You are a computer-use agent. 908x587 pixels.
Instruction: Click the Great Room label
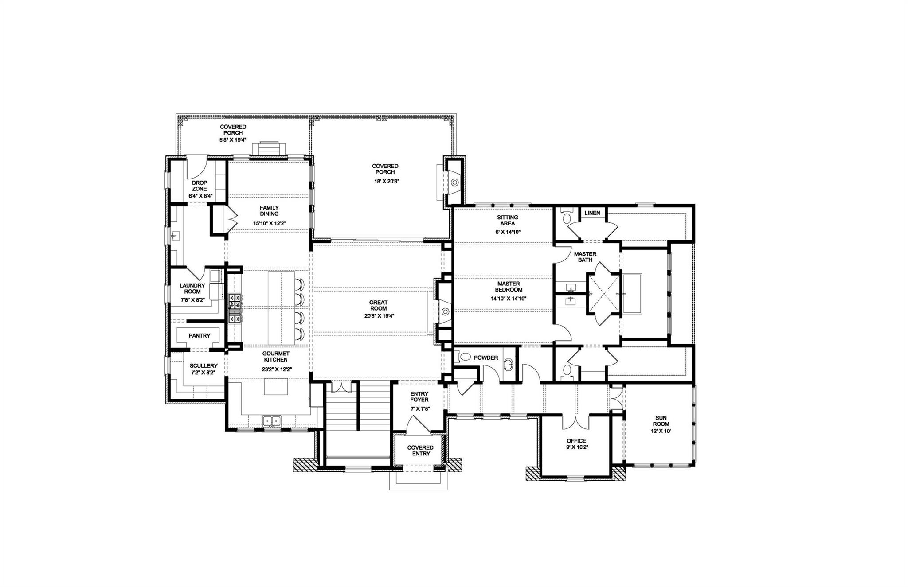point(378,306)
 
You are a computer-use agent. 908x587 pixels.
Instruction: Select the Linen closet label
point(592,213)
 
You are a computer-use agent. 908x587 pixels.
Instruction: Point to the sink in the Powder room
point(509,365)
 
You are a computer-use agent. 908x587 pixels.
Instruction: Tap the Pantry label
point(199,336)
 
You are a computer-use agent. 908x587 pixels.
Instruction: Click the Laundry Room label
point(192,289)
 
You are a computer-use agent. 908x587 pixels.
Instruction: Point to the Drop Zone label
point(199,186)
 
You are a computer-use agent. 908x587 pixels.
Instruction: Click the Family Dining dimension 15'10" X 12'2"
point(269,224)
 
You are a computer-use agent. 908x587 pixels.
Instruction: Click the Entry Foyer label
point(419,397)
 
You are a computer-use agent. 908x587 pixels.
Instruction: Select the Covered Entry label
point(420,451)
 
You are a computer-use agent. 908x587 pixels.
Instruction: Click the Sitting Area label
point(507,221)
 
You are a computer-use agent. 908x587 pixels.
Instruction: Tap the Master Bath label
point(585,257)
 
